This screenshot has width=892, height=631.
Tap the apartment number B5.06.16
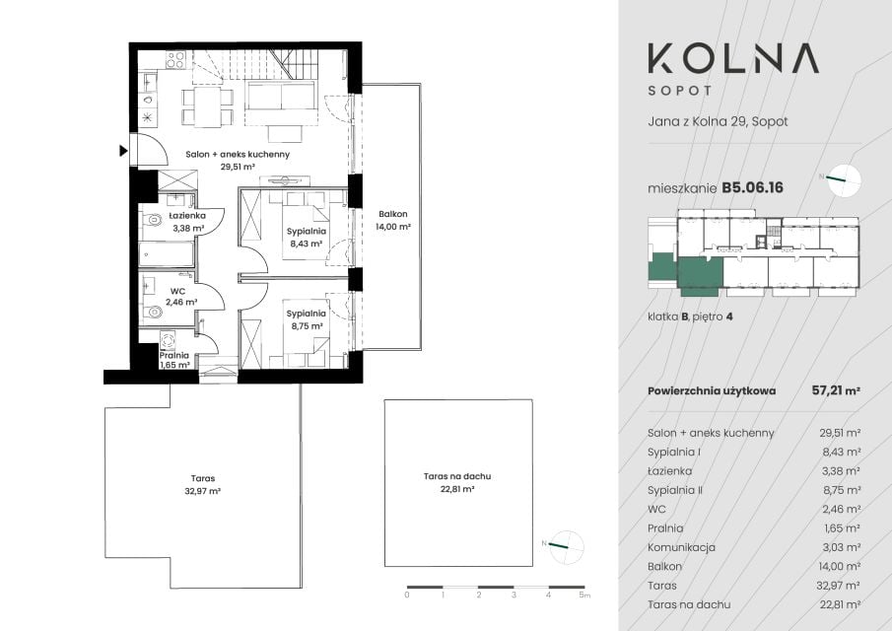[752, 187]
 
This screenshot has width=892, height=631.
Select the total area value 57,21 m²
[836, 390]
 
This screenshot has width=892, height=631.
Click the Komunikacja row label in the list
[681, 547]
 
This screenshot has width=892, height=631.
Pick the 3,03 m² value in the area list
[841, 547]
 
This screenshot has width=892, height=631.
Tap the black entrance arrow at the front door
[123, 151]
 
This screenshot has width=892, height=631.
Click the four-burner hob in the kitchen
[175, 60]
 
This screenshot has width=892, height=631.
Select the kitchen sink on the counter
[148, 83]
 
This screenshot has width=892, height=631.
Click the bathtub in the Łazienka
[167, 254]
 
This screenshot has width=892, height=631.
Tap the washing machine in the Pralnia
[168, 340]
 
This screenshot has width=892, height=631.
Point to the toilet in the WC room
[152, 312]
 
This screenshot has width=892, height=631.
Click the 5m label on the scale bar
[584, 596]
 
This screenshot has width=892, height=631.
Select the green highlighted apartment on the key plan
[701, 276]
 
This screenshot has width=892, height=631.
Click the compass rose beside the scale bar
[567, 547]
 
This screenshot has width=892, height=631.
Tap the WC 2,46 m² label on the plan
[181, 297]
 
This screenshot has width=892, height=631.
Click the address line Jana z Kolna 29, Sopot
[718, 121]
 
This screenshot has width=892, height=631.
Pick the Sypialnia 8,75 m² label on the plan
[307, 319]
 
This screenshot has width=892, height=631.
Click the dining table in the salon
[207, 106]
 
